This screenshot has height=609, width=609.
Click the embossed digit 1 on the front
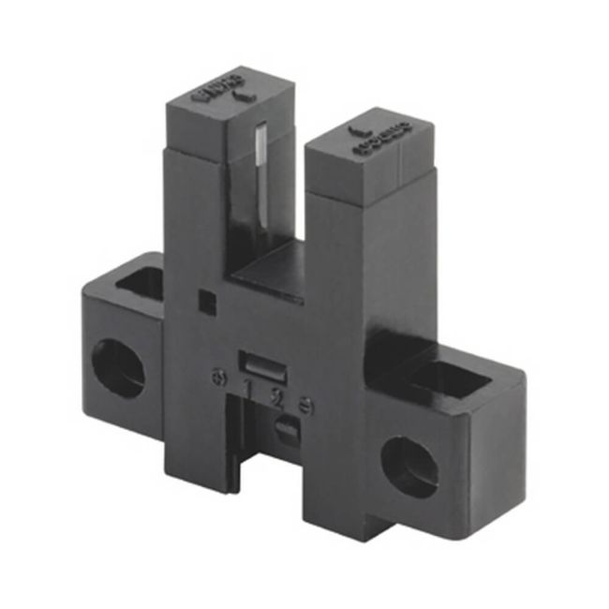[x=249, y=387]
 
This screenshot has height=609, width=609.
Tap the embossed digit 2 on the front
[x=276, y=394]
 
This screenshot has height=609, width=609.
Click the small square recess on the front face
[x=205, y=299]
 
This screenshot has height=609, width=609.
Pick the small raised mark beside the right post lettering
[x=357, y=131]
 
